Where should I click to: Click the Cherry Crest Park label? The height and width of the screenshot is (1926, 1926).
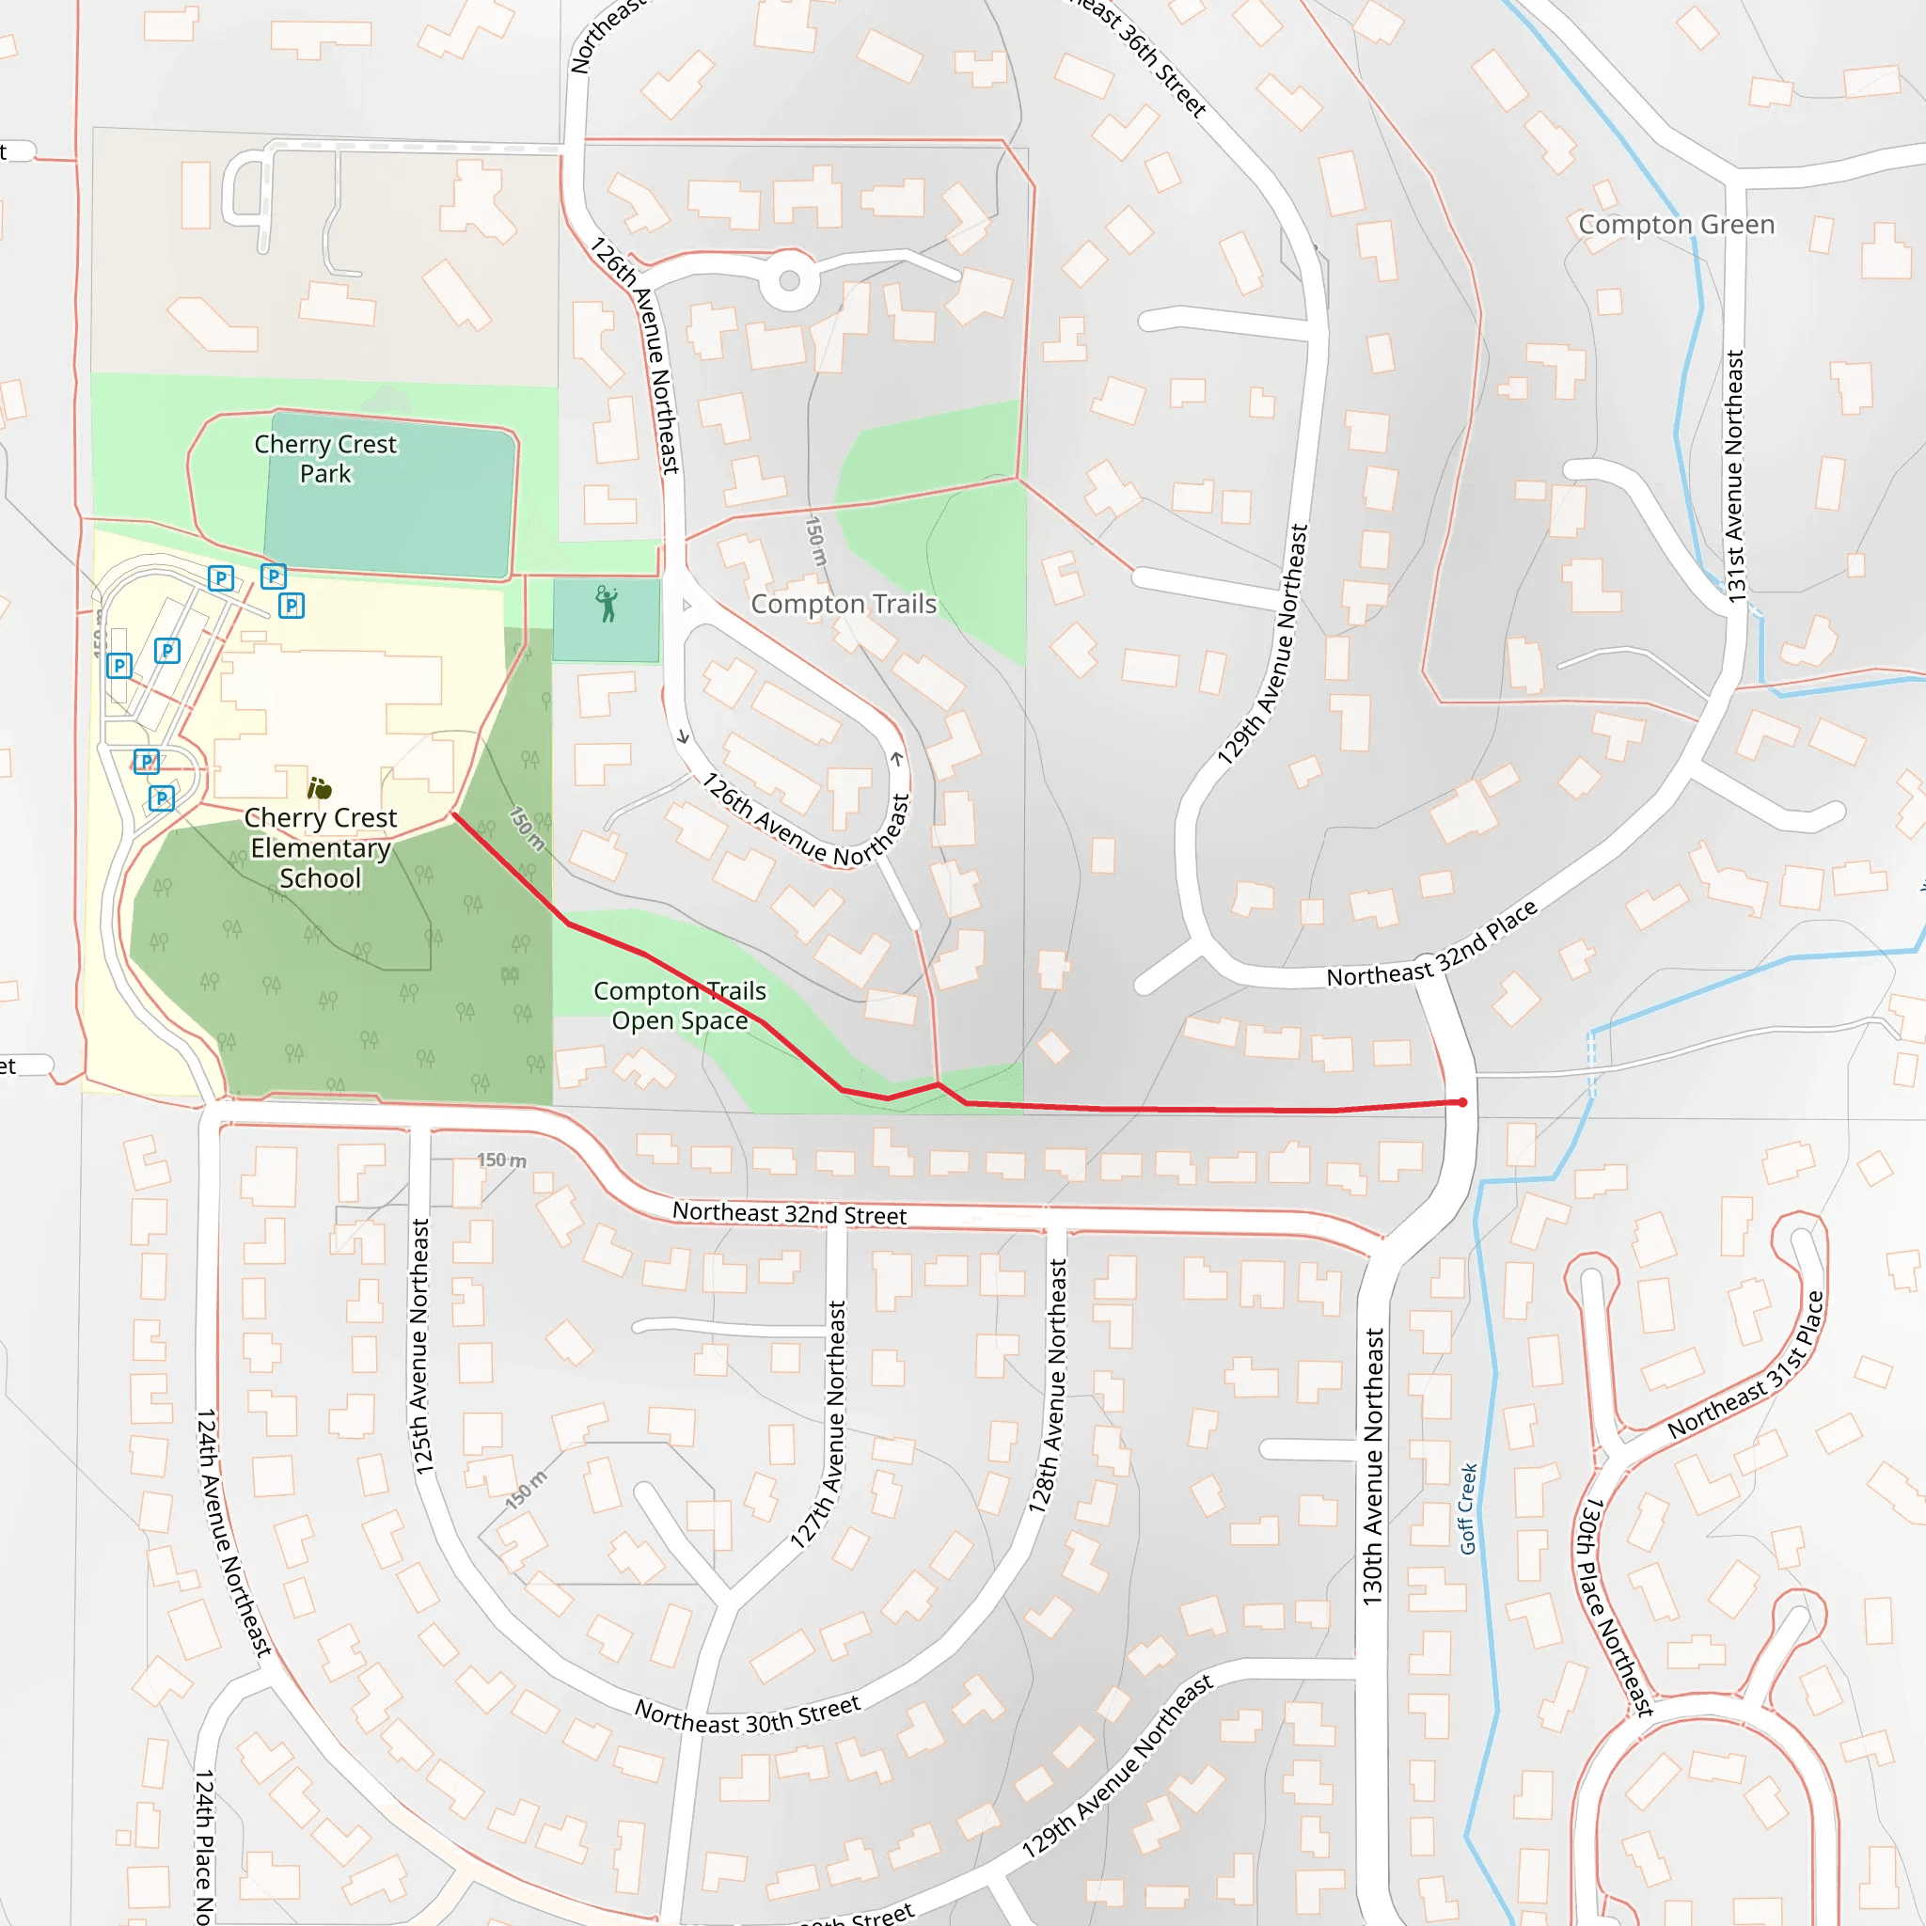click(x=325, y=459)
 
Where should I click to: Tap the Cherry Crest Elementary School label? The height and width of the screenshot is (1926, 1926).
click(x=320, y=847)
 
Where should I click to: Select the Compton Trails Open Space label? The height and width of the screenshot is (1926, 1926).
click(x=680, y=1005)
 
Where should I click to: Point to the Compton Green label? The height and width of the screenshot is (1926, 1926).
click(x=1676, y=225)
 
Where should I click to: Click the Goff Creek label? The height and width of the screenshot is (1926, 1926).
click(x=1467, y=1508)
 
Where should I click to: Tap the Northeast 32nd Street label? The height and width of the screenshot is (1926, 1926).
click(x=790, y=1213)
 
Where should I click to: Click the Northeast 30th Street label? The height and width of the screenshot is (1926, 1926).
click(x=748, y=1715)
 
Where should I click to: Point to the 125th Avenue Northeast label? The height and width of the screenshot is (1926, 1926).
click(x=420, y=1346)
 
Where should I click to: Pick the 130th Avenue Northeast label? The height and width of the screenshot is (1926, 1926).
click(x=1373, y=1465)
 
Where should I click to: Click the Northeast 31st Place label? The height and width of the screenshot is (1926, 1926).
click(x=1746, y=1366)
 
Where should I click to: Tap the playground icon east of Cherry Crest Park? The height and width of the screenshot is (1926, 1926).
click(x=607, y=604)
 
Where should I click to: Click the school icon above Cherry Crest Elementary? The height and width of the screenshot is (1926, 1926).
click(x=319, y=787)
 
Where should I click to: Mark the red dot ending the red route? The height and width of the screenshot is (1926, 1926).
click(x=1462, y=1102)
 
